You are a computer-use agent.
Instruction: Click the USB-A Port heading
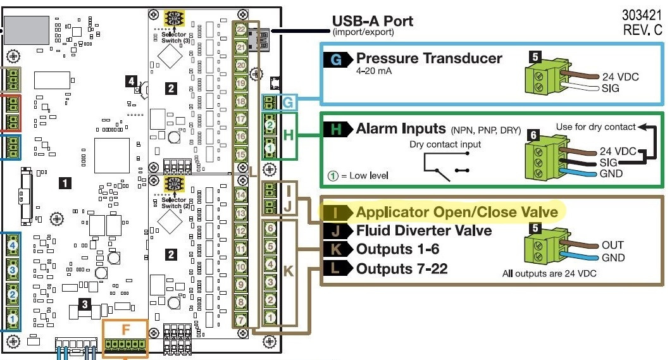(x=373, y=21)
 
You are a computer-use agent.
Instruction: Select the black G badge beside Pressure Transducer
(x=335, y=59)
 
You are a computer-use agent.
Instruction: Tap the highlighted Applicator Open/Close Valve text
(x=457, y=211)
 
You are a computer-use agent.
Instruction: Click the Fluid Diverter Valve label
(x=424, y=230)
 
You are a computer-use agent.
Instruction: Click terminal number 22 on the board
(x=241, y=29)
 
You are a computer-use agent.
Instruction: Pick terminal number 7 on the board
(x=241, y=320)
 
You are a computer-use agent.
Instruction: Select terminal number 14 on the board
(x=241, y=194)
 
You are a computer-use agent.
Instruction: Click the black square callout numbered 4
(x=131, y=81)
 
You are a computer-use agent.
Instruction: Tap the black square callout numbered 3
(x=84, y=304)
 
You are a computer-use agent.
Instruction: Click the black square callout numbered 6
(x=533, y=135)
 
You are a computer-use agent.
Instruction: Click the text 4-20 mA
(x=374, y=71)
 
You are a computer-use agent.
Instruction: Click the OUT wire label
(x=613, y=245)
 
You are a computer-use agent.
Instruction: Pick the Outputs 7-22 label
(x=402, y=269)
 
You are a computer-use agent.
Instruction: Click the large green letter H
(x=288, y=135)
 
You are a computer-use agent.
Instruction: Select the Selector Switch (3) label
(x=175, y=37)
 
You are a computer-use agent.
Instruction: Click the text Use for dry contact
(x=595, y=127)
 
